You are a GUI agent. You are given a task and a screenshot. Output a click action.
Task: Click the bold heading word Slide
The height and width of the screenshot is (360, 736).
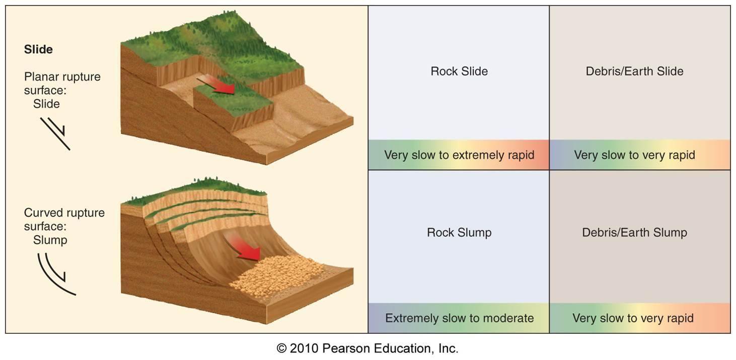38,49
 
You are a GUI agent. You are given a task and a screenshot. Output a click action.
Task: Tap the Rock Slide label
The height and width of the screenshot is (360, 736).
459,71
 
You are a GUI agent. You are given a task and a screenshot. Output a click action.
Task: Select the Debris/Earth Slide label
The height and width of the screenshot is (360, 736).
634,71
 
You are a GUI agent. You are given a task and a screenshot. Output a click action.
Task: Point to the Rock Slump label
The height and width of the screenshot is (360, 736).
459,233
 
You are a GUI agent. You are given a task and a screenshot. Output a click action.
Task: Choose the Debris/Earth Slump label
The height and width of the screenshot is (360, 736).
634,233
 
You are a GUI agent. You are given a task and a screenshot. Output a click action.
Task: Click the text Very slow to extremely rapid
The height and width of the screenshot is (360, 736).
459,155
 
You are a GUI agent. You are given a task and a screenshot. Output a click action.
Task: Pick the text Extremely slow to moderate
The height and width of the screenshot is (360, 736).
459,318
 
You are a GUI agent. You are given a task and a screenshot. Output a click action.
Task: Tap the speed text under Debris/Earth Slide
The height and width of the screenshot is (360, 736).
634,155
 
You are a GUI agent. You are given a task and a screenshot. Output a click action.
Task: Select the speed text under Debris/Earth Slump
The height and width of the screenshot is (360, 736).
633,318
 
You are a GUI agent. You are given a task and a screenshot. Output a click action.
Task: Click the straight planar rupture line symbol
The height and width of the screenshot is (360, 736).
55,133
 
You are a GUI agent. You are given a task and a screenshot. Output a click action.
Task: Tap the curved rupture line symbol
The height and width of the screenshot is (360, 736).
55,274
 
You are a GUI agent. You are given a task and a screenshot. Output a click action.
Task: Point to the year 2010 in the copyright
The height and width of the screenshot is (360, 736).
304,348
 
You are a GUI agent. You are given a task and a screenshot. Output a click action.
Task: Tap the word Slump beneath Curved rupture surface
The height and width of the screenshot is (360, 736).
50,240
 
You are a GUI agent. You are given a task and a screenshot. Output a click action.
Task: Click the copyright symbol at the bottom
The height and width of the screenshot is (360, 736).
281,348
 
